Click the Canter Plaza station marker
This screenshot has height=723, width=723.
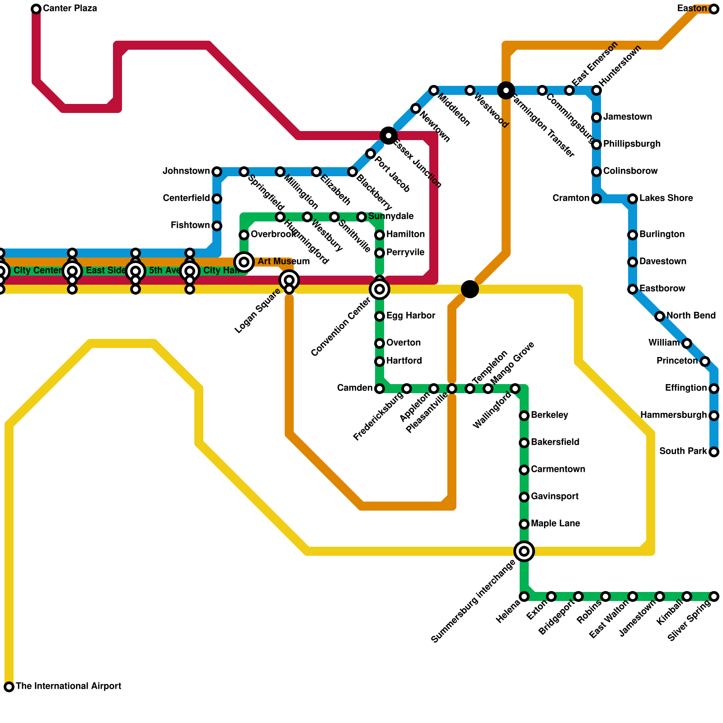pyautogui.click(x=36, y=9)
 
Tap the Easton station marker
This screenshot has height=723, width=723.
pyautogui.click(x=714, y=9)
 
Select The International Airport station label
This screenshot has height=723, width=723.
pyautogui.click(x=68, y=686)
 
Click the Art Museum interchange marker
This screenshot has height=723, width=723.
pyautogui.click(x=244, y=262)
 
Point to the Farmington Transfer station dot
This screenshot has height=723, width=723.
pyautogui.click(x=506, y=90)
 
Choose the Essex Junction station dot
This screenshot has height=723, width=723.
pyautogui.click(x=389, y=135)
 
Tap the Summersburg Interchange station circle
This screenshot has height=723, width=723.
pyautogui.click(x=524, y=551)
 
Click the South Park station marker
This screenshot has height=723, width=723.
pyautogui.click(x=714, y=452)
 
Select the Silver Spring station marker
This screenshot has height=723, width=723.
pyautogui.click(x=714, y=596)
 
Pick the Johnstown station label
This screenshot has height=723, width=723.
pyautogui.click(x=186, y=171)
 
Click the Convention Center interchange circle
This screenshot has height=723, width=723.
pyautogui.click(x=380, y=289)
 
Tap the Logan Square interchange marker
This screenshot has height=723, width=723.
pyautogui.click(x=289, y=281)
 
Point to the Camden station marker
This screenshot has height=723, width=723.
pyautogui.click(x=380, y=389)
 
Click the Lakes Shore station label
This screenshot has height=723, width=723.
pyautogui.click(x=666, y=198)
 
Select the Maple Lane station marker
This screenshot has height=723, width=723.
pyautogui.click(x=524, y=524)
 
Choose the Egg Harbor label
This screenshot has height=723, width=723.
pyautogui.click(x=411, y=315)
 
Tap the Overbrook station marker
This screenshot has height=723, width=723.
pyautogui.click(x=244, y=235)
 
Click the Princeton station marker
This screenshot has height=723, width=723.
pyautogui.click(x=705, y=361)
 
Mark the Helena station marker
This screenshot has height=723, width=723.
pyautogui.click(x=524, y=596)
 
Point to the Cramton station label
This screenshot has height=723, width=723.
pyautogui.click(x=571, y=198)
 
